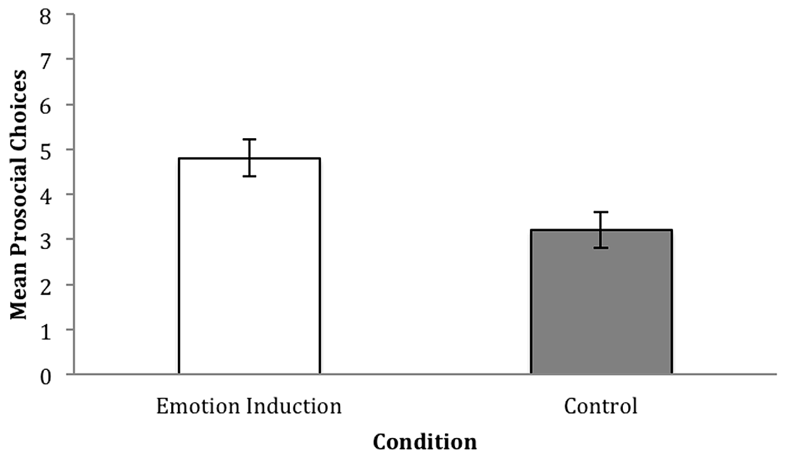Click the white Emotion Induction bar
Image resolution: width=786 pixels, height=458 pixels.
click(249, 267)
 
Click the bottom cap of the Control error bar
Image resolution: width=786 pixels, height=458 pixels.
click(601, 248)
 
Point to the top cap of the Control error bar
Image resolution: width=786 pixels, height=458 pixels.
click(601, 212)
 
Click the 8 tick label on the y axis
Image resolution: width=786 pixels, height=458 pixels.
click(45, 16)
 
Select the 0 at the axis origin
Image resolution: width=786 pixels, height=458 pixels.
click(45, 377)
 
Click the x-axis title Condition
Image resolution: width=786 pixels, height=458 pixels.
click(425, 442)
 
